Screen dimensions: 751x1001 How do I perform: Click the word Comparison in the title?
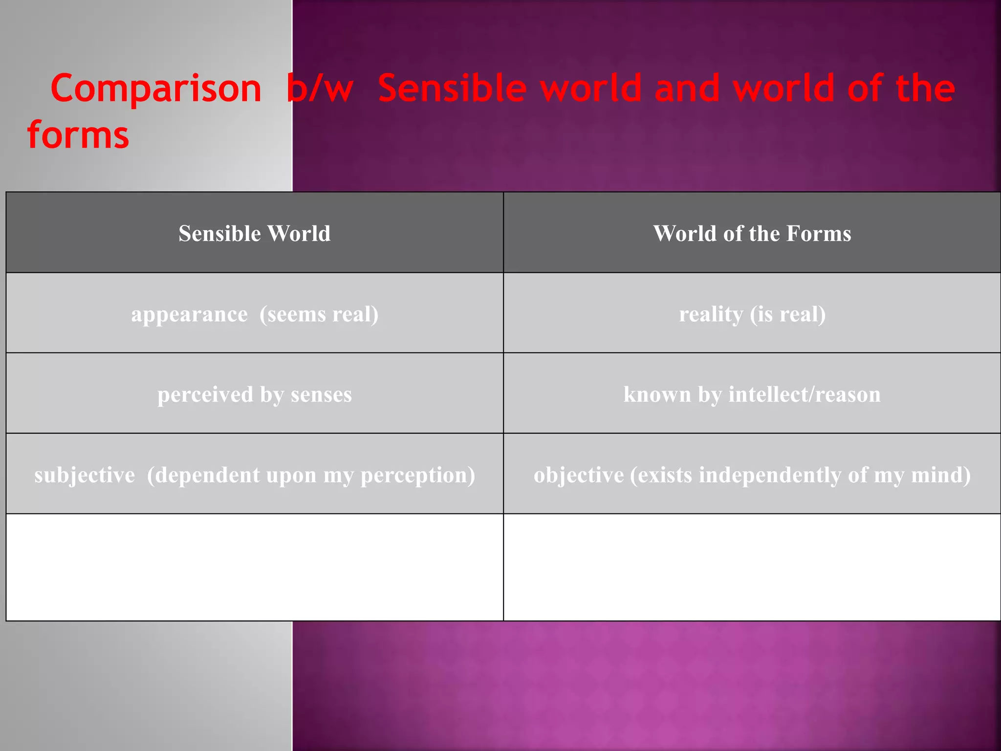pyautogui.click(x=156, y=89)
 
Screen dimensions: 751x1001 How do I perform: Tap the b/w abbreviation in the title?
pyautogui.click(x=320, y=89)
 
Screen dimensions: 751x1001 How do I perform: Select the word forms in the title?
pyautogui.click(x=78, y=135)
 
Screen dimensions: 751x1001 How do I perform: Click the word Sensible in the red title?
pyautogui.click(x=452, y=89)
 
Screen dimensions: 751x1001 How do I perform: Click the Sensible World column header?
pyautogui.click(x=254, y=233)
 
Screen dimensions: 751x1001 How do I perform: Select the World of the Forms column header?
pyautogui.click(x=752, y=233)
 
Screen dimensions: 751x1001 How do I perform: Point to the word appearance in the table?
pyautogui.click(x=189, y=314)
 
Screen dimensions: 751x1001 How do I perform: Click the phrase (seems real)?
pyautogui.click(x=319, y=314)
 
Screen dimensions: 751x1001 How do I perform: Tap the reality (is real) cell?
pyautogui.click(x=752, y=314)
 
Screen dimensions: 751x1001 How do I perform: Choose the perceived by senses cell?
pyautogui.click(x=254, y=394)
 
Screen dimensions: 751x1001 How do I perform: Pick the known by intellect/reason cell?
pyautogui.click(x=752, y=394)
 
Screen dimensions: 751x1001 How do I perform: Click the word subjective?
pyautogui.click(x=85, y=475)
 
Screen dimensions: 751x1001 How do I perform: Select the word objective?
pyautogui.click(x=578, y=475)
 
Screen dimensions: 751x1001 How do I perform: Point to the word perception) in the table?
pyautogui.click(x=417, y=475)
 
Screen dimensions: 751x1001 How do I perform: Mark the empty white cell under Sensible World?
pyautogui.click(x=254, y=567)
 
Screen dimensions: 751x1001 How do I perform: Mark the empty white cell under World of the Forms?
pyautogui.click(x=752, y=567)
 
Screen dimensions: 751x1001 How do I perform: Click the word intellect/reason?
pyautogui.click(x=805, y=394)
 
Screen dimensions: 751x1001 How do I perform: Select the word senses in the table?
pyautogui.click(x=321, y=394)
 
